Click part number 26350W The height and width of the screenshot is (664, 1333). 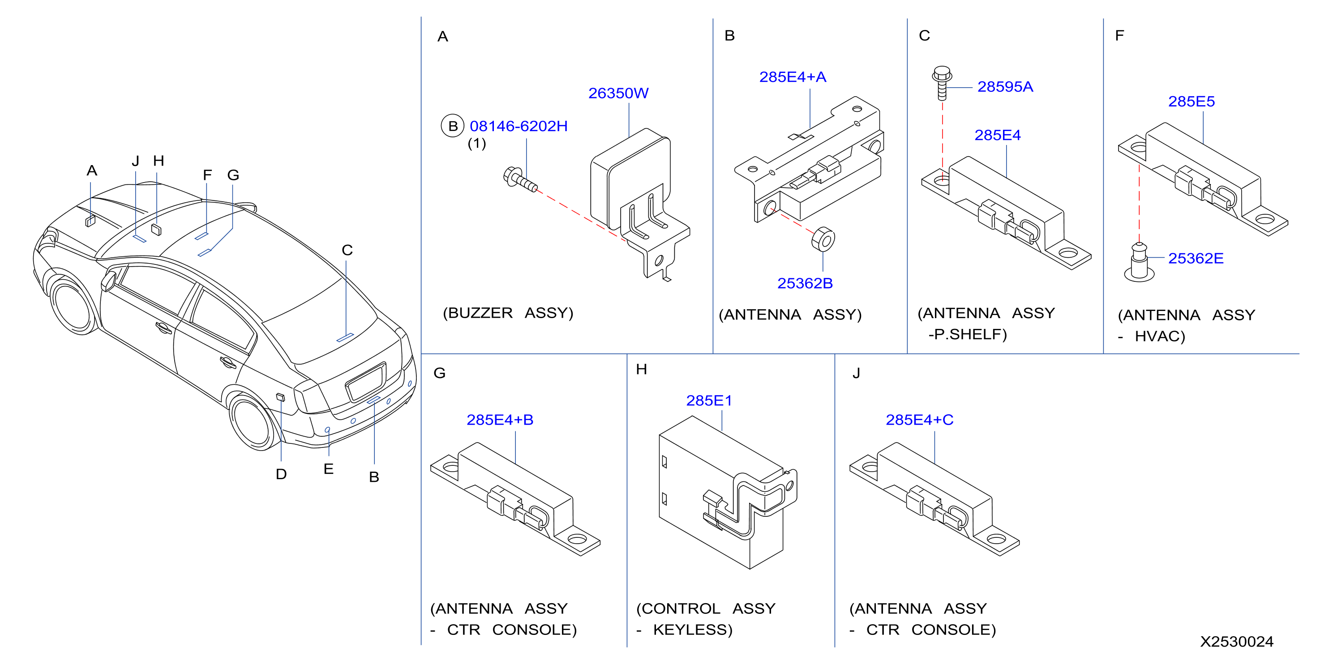[x=618, y=93]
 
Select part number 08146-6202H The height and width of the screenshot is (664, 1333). [x=519, y=126]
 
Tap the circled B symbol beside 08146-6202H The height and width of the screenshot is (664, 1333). [x=452, y=126]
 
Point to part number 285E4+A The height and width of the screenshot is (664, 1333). [x=792, y=77]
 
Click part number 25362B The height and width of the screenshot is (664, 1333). [x=805, y=283]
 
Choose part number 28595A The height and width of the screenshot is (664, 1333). [x=1005, y=87]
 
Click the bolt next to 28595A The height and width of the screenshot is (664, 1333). [x=942, y=83]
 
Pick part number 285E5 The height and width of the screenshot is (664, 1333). [x=1191, y=102]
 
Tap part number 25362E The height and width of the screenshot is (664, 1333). [x=1196, y=259]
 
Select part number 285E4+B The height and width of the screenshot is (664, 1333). [x=500, y=420]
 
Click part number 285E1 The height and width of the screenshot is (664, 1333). [x=709, y=401]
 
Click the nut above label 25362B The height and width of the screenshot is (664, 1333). [x=823, y=239]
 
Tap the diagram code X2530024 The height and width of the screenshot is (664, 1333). [x=1237, y=642]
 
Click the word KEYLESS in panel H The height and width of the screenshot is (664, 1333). [x=692, y=630]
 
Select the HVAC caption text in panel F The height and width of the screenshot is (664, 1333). [x=1159, y=336]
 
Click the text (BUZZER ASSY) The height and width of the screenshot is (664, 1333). [x=508, y=313]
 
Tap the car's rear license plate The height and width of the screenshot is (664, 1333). [x=366, y=382]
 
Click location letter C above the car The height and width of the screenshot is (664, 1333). [x=347, y=250]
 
